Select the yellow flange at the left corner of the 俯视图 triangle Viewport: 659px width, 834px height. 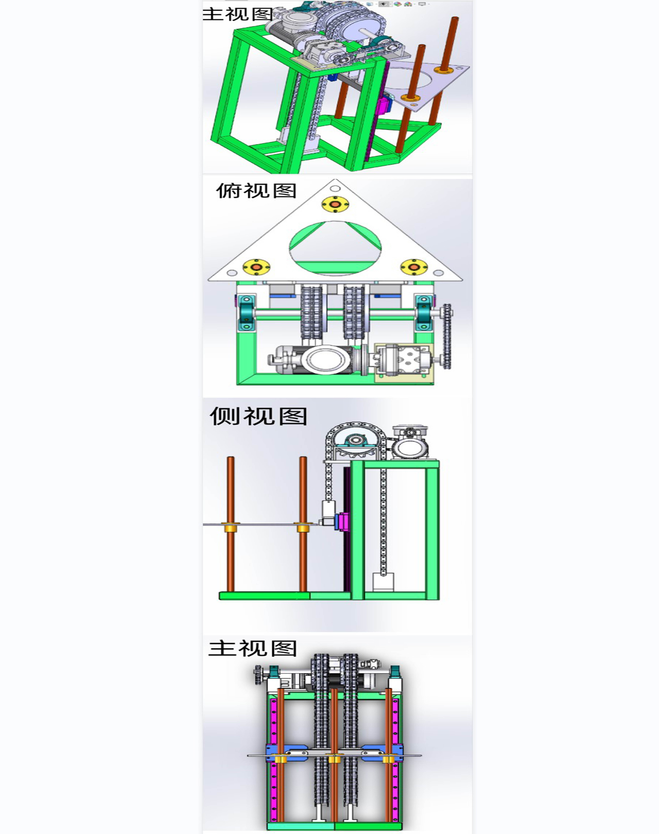point(256,267)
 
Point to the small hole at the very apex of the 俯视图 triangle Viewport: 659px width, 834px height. point(335,188)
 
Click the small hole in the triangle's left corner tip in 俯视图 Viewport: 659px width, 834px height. point(232,273)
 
